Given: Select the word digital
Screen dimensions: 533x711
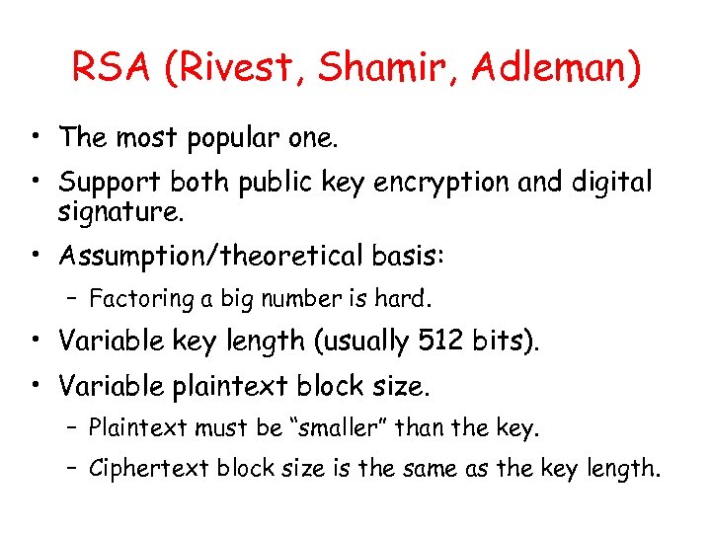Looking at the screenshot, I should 609,183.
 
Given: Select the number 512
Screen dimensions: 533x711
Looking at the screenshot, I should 439,341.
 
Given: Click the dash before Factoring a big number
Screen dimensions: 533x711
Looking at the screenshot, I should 75,298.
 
